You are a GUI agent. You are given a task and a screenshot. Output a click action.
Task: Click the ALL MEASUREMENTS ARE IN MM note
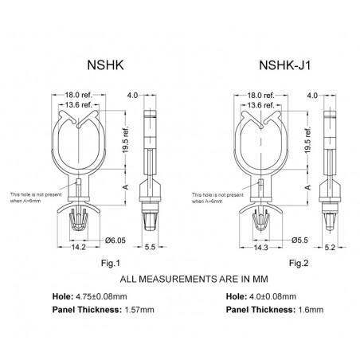pos(180,280)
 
